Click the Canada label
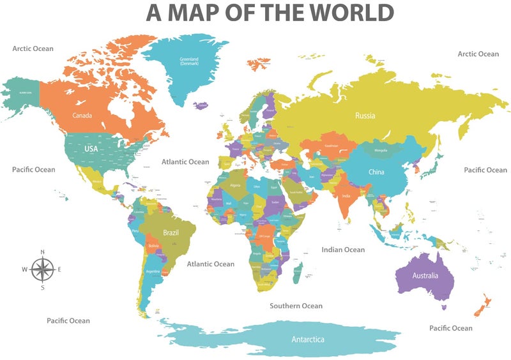point(82,116)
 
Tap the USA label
point(91,149)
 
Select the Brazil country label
point(171,233)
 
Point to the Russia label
point(365,116)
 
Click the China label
point(376,172)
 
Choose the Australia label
point(425,276)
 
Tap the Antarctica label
point(308,339)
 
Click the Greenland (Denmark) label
point(189,61)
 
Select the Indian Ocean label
point(343,250)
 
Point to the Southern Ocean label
point(296,306)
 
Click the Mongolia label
point(380,151)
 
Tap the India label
point(346,196)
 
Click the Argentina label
point(153,271)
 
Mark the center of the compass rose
point(42,269)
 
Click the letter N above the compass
point(42,251)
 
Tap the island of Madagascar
point(297,274)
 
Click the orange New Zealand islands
point(480,305)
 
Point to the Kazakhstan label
point(332,146)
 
